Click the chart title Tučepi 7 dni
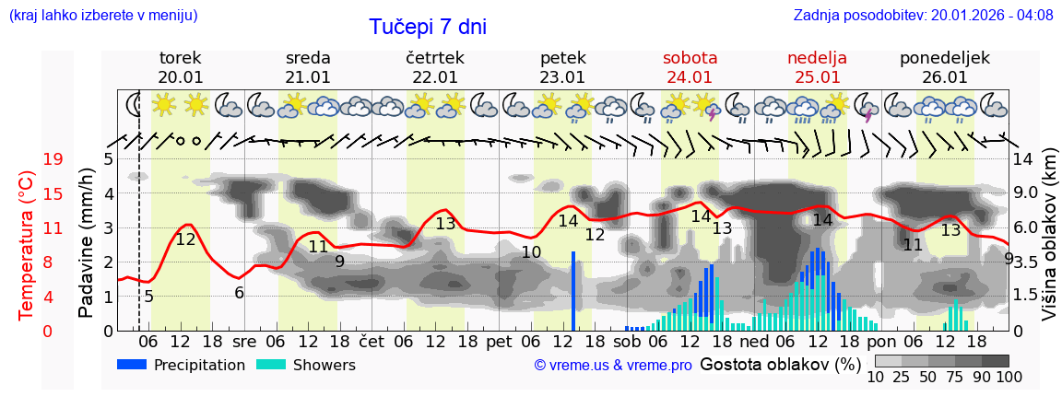click(428, 27)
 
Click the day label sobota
click(690, 58)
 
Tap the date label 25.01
click(818, 77)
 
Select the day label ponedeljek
click(945, 58)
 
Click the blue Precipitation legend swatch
click(132, 365)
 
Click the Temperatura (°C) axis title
click(27, 245)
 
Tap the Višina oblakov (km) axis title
click(1049, 243)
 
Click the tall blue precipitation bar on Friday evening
click(573, 290)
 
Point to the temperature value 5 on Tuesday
click(149, 297)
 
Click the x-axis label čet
click(372, 341)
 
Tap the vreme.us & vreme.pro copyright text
click(613, 365)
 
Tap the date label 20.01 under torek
click(181, 77)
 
